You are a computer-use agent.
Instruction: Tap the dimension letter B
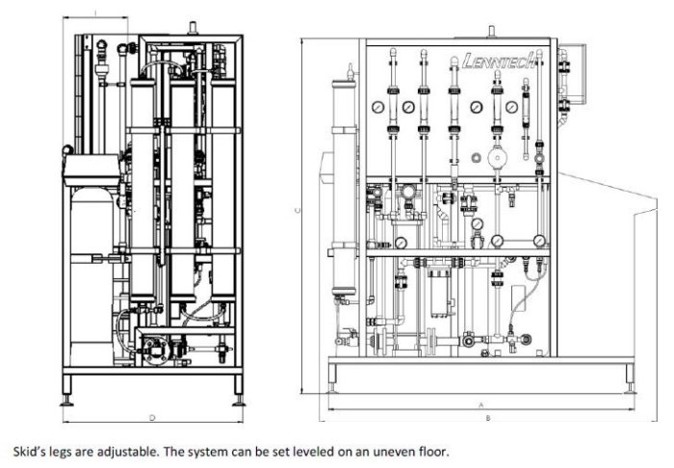[x=488, y=418]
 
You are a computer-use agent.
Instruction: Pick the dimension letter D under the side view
[x=152, y=417]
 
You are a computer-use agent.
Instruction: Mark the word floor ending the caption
[x=427, y=450]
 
